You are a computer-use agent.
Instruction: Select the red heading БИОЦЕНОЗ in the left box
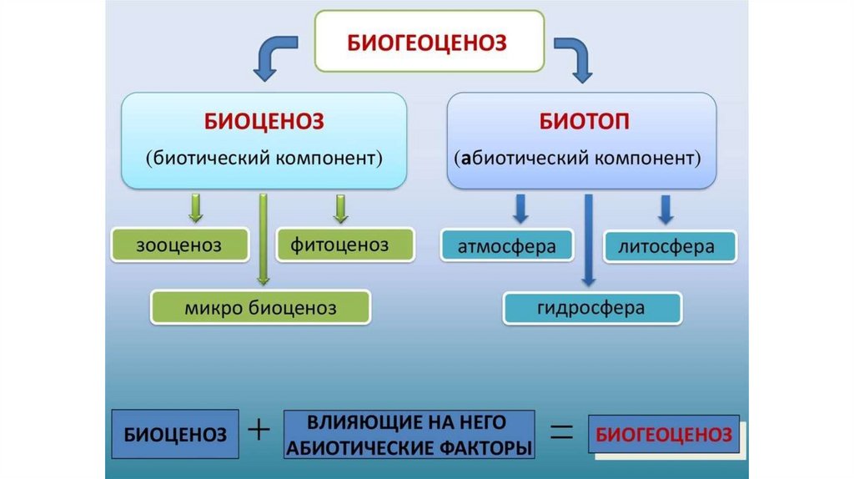(x=264, y=122)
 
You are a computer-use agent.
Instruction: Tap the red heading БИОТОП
(x=583, y=122)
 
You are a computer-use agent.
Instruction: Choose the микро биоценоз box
(x=260, y=308)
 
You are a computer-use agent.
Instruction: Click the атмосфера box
(x=506, y=246)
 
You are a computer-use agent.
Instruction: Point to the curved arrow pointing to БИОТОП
(x=575, y=57)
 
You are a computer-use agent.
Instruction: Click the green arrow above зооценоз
(x=196, y=209)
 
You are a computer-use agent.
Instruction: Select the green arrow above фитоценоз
(x=340, y=209)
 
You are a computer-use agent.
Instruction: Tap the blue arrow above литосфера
(x=666, y=209)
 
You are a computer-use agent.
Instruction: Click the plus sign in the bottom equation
(x=260, y=431)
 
